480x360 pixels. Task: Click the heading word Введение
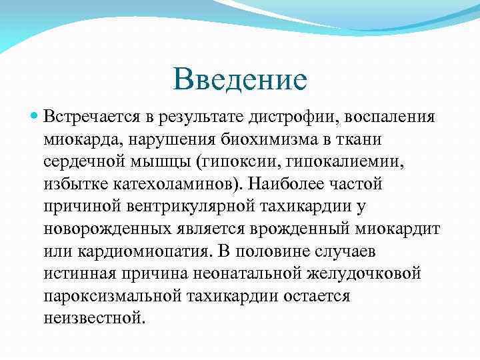tap(240, 79)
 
